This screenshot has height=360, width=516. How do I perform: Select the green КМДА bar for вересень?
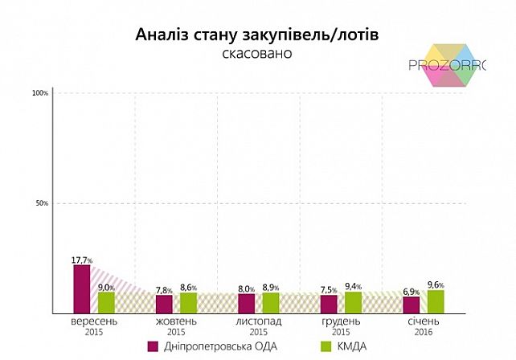[x=106, y=302]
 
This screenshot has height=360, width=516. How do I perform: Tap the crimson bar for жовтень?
[x=164, y=304]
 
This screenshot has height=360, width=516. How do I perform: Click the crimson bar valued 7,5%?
[x=329, y=304]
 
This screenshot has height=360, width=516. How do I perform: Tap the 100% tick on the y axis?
[x=40, y=93]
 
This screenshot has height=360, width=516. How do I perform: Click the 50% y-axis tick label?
[x=42, y=203]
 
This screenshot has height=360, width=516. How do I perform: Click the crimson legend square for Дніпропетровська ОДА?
[x=153, y=346]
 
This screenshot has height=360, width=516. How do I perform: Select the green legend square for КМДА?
[x=326, y=346]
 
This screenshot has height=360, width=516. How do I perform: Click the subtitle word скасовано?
[x=257, y=54]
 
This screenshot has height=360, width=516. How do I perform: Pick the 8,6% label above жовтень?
[x=188, y=287]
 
